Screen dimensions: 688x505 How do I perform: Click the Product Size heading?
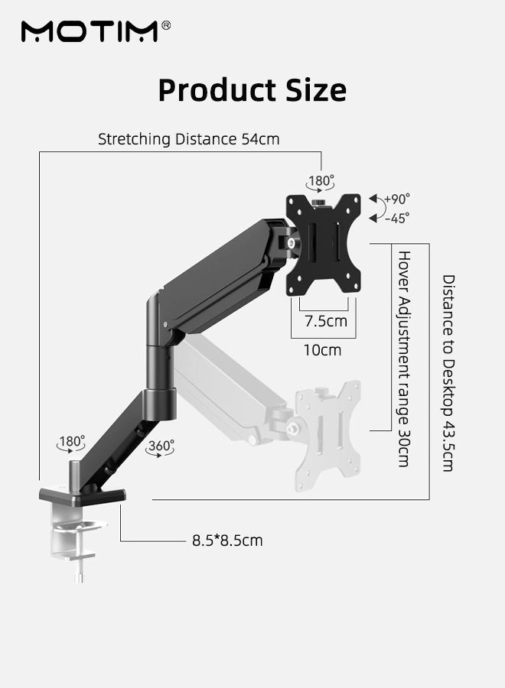point(252,90)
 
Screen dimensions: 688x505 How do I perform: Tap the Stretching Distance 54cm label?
point(188,139)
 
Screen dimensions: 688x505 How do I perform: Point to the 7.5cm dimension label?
point(326,321)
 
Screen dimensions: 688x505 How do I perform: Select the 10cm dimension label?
point(323,350)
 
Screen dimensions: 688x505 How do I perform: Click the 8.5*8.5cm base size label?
point(226,540)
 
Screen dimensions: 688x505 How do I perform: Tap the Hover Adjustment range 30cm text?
point(403,358)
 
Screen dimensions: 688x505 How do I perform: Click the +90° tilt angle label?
point(396,199)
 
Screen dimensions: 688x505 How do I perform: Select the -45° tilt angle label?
point(396,218)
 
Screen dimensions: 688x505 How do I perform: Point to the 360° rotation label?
point(161,446)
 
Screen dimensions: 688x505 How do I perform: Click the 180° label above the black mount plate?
point(321,181)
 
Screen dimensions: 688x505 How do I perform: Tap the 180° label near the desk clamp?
point(71,442)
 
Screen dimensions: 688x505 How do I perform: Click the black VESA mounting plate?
point(323,245)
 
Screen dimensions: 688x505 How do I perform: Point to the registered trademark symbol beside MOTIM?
point(166,25)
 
